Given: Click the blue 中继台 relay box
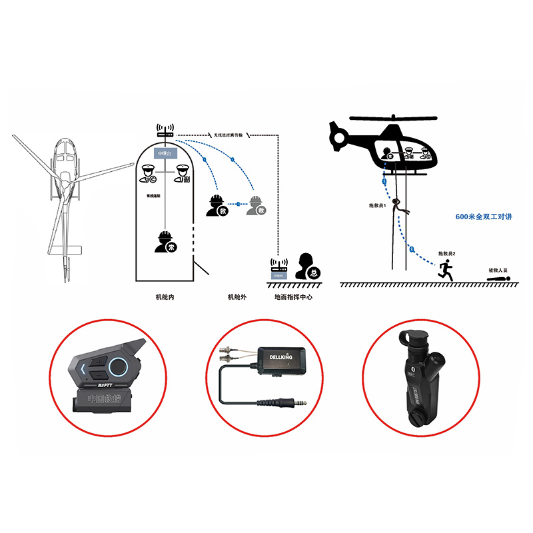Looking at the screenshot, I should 164,154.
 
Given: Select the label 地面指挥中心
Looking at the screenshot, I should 292,297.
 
